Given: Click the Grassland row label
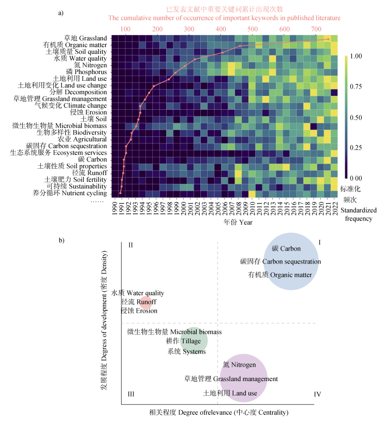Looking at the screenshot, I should click(x=85, y=38).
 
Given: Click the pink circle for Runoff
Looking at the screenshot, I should click(x=145, y=302).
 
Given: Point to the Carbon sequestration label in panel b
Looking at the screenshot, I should click(x=281, y=261).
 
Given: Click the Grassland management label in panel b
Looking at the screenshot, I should click(x=231, y=379).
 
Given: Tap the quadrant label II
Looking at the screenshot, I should click(x=130, y=244).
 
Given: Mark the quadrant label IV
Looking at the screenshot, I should click(x=317, y=395).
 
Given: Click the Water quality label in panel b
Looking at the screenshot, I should click(x=138, y=293).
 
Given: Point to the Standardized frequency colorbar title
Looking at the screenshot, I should click(x=356, y=214).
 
